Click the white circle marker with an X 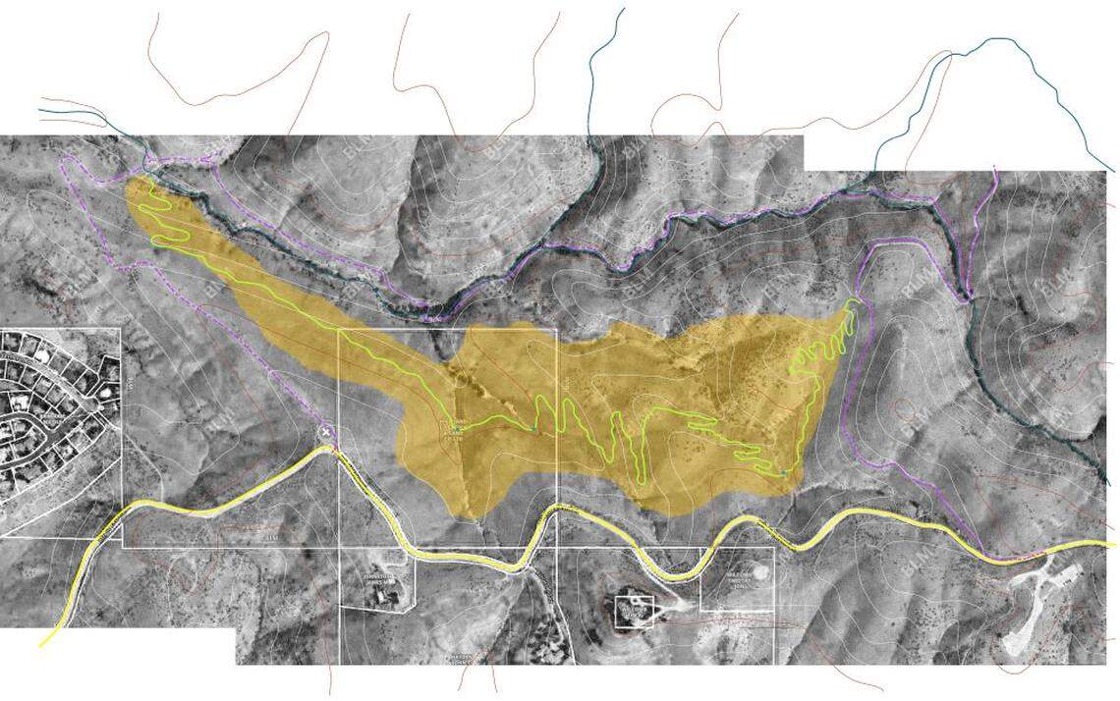point(326,432)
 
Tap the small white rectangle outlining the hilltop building point(634,611)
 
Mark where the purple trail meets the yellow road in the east point(983,551)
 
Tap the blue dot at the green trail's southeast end point(783,474)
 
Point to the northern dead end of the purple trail point(995,169)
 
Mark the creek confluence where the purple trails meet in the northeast point(968,296)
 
